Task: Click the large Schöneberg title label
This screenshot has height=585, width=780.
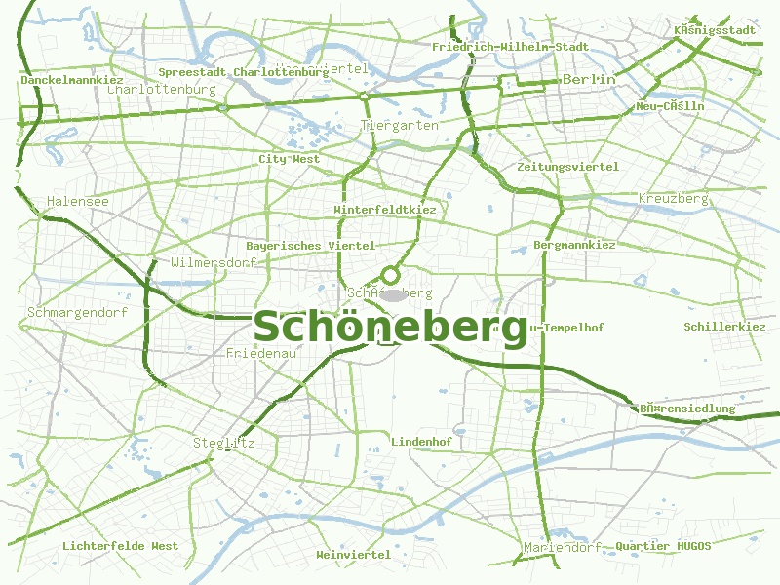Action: [390, 328]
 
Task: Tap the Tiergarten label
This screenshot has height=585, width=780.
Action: [400, 126]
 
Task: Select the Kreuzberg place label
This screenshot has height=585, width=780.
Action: [673, 199]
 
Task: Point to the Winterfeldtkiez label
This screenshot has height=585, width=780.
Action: [385, 210]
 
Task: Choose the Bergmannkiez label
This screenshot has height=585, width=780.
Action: [574, 245]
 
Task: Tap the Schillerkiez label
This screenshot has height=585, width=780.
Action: [724, 327]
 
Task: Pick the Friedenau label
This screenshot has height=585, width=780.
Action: [260, 353]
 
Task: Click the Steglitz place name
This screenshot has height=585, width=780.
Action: [224, 443]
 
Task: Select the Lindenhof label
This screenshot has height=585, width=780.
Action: [421, 442]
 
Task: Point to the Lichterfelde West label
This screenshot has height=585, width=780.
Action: [121, 546]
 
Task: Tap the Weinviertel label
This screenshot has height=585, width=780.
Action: [353, 555]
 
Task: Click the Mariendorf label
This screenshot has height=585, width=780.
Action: [563, 547]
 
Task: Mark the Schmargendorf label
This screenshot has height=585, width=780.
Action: [78, 313]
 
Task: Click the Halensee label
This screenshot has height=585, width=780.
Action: [78, 201]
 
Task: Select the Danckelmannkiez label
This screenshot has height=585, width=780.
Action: [71, 80]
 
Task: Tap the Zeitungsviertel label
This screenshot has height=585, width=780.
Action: [567, 167]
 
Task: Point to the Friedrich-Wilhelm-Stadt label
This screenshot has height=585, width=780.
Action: [510, 47]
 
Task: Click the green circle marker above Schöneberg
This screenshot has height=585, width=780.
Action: [391, 275]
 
